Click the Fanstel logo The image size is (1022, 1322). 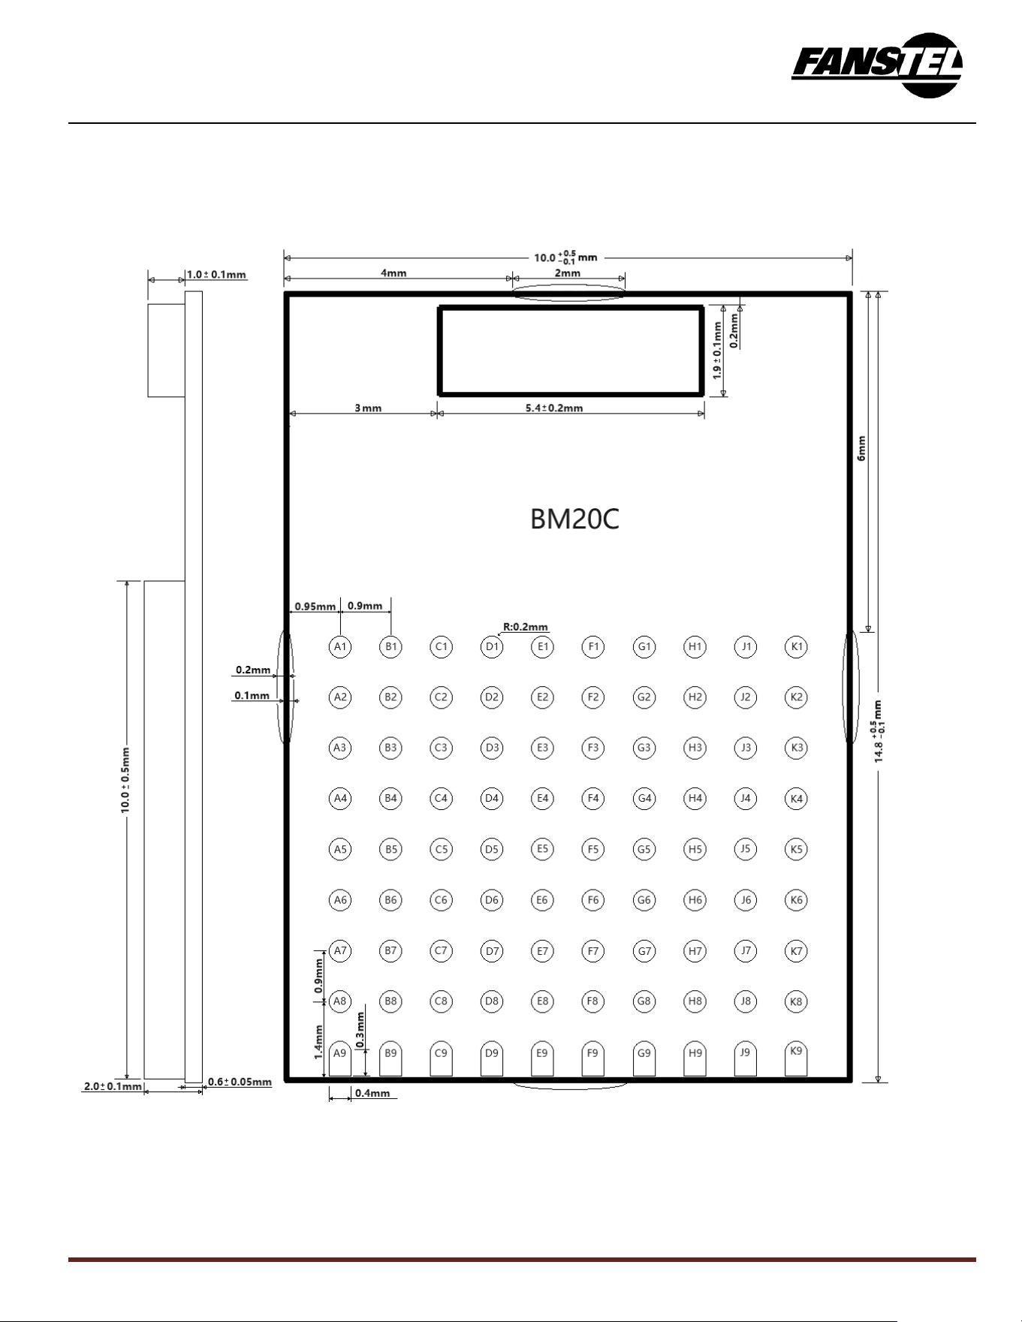coord(876,65)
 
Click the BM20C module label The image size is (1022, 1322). coord(574,519)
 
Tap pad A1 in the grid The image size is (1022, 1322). coord(340,646)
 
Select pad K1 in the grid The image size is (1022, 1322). coord(796,646)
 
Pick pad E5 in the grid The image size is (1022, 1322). coord(542,849)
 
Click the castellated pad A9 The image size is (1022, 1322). coord(340,1059)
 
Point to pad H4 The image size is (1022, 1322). coord(695,798)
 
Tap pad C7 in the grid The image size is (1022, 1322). coord(441,950)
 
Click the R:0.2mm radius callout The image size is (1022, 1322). coord(526,627)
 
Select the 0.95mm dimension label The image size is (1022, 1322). coord(315,607)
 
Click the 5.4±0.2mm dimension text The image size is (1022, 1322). coord(554,408)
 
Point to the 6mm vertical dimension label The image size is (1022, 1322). coord(862,448)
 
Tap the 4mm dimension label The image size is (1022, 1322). coord(393,273)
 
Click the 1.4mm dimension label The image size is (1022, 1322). coord(318,1042)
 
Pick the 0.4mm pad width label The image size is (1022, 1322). coord(372,1093)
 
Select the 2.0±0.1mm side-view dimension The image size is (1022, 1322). coord(113,1086)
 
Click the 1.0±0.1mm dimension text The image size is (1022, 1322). coord(216,275)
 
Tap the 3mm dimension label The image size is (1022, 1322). coord(368,408)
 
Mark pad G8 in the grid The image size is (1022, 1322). coord(644,1001)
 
